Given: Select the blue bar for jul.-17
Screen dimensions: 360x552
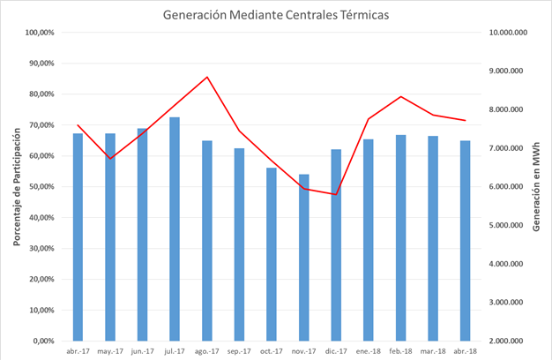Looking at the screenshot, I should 175,229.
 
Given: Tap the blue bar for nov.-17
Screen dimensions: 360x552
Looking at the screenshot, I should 304,257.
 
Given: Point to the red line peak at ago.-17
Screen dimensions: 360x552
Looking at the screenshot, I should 207,77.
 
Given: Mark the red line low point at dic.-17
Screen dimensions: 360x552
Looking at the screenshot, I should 336,194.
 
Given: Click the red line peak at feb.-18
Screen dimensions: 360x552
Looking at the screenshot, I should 401,96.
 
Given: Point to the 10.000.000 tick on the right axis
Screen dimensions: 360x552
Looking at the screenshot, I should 508,33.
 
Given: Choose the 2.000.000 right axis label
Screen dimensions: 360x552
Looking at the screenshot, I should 511,341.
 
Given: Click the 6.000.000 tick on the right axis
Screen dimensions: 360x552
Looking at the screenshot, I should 511,187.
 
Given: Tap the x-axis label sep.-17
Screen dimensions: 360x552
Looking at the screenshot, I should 239,350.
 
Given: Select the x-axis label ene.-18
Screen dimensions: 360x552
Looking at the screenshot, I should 369,350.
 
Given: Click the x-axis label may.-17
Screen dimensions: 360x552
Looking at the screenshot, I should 110,350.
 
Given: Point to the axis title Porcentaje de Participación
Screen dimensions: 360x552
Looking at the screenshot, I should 15,187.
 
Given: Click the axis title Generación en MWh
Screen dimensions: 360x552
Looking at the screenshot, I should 537,187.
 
